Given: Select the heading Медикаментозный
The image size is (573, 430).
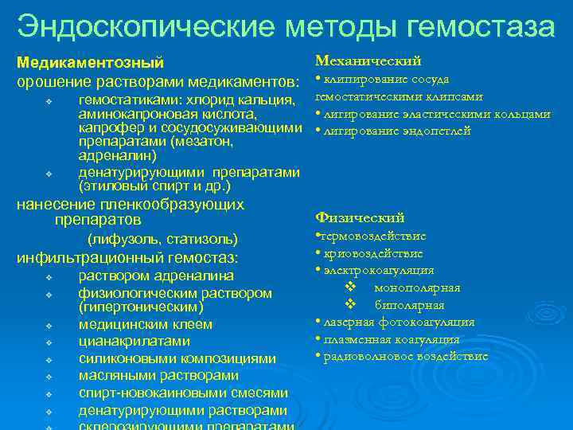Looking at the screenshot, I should pos(91,62).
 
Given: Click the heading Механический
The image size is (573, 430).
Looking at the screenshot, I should pos(368,61).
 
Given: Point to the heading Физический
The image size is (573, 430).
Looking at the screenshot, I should pos(360,217).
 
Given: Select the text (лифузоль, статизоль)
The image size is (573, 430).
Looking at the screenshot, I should pos(162,239).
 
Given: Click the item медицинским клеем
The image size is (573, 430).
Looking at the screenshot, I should pos(145,324).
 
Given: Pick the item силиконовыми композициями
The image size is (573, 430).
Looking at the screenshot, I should pos(177,359).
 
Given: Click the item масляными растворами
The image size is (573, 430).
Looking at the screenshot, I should pos(158,376).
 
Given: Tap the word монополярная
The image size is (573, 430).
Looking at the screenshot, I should pos(417,287).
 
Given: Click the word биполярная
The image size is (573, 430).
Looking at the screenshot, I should pos(409,305).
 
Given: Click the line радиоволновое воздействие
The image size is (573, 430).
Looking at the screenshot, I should pos(404,356).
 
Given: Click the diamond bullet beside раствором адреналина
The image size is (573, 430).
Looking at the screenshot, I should pos(49,277).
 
